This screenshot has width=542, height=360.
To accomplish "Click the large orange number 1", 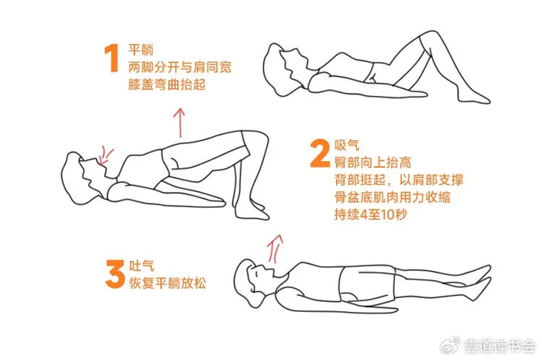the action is pos(111,58).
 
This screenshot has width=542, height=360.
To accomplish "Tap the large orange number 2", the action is pos(320,153).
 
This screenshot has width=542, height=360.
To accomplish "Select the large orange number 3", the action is pos(115,274).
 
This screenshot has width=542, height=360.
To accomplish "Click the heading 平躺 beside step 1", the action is pos(141,50).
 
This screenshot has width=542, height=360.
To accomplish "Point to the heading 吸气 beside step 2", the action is pos(347,145).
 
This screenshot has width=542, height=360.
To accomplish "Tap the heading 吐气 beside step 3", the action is pos(142,266).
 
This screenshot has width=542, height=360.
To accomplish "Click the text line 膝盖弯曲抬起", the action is pos(167,84).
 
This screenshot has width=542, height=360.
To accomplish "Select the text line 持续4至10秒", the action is pos(371,214).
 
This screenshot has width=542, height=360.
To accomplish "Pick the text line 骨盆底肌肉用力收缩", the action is pos(393,197).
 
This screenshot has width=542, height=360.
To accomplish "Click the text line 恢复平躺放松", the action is pos(168,283).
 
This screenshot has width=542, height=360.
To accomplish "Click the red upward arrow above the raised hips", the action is pos(180,123).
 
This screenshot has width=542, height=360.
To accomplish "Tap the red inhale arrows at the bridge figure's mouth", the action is pos(105,156).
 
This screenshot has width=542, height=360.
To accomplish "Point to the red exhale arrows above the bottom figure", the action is pos(275,248).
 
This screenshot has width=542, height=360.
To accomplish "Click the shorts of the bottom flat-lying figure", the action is pos(367,283).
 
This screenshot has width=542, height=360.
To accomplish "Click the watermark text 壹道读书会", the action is pos(499,346).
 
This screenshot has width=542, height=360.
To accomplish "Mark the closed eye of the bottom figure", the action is pos(256,274).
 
